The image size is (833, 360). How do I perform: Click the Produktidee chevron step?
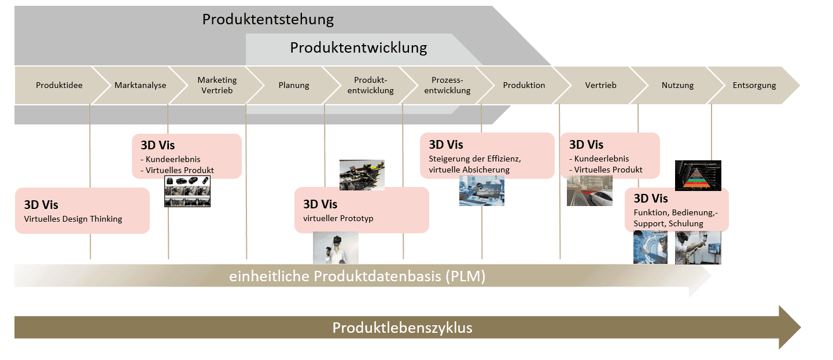click(x=59, y=85)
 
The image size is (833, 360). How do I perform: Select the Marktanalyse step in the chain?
click(x=140, y=85)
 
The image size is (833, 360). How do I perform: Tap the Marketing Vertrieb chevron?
click(x=217, y=85)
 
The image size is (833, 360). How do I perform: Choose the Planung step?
click(x=294, y=85)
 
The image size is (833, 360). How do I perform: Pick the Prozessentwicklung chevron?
click(x=451, y=85)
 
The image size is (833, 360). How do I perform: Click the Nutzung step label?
click(x=677, y=85)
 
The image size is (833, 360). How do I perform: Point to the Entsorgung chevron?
click(x=754, y=85)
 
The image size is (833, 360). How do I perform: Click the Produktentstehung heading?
click(x=268, y=19)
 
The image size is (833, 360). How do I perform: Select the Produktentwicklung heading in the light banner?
click(x=359, y=47)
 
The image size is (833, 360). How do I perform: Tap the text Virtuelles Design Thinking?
click(x=73, y=219)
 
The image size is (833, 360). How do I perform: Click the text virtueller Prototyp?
click(x=338, y=218)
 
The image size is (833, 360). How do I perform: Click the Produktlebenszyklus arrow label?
click(x=402, y=328)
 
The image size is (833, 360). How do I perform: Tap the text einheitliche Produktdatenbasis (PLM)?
click(x=357, y=277)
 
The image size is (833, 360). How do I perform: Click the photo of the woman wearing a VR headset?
click(x=336, y=248)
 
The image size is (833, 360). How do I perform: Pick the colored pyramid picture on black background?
click(x=698, y=175)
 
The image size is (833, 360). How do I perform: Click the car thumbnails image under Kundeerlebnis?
click(x=187, y=192)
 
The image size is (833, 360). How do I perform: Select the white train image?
click(x=589, y=191)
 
